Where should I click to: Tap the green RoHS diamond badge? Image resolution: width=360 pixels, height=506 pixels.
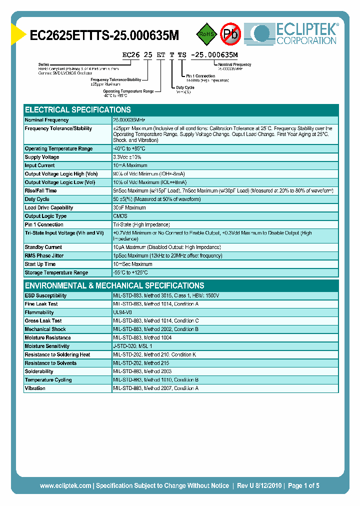205,33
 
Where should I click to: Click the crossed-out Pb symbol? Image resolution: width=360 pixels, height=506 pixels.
231,33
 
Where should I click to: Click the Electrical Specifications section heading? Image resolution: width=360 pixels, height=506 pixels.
78,109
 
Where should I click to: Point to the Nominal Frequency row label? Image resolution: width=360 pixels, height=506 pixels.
47,120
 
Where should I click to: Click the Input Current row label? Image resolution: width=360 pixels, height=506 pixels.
40,165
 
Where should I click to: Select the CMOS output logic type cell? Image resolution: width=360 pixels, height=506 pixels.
120,216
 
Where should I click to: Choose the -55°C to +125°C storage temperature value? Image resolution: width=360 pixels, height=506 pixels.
130,272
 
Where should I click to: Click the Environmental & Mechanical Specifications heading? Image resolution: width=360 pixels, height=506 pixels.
114,285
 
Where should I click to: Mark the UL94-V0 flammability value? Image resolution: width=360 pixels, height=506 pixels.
122,312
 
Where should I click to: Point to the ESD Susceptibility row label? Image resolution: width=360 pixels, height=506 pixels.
45,295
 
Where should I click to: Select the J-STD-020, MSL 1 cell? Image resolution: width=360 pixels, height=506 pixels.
132,346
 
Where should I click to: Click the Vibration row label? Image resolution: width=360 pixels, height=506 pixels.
35,388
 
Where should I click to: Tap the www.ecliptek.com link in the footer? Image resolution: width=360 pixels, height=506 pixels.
65,485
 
